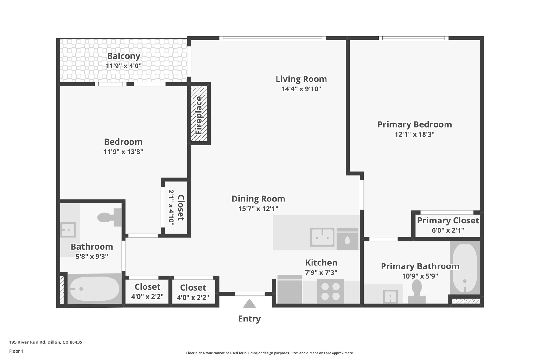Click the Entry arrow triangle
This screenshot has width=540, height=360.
tap(249, 304)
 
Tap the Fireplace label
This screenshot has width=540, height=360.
tap(199, 115)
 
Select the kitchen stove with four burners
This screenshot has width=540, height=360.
tap(330, 291)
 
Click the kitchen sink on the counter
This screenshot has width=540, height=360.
tap(322, 237)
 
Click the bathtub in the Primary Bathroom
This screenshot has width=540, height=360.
tap(465, 268)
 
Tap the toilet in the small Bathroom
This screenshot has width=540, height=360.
tap(109, 217)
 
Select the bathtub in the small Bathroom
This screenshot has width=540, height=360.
tap(94, 289)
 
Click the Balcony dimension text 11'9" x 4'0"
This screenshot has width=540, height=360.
tap(123, 66)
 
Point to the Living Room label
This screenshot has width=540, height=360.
tap(301, 79)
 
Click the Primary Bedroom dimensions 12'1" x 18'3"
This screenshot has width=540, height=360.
tap(414, 134)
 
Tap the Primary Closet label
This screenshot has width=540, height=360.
tap(448, 221)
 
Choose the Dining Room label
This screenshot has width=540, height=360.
tap(258, 199)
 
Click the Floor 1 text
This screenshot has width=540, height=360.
tap(16, 351)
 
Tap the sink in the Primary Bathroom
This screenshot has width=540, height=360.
tap(390, 297)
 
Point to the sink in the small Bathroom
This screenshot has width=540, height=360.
tap(68, 230)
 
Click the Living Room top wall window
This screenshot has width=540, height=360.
tap(272, 38)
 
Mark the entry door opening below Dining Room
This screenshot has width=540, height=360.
tap(249, 294)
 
